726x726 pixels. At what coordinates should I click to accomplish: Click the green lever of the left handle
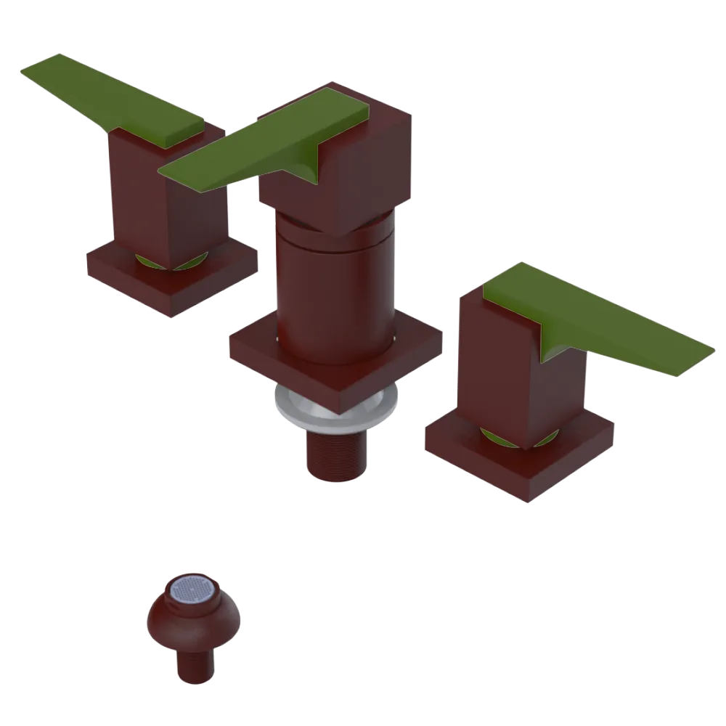pos(109,98)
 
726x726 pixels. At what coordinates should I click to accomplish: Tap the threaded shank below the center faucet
pos(335,454)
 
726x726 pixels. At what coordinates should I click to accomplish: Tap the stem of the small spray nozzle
pos(195,664)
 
